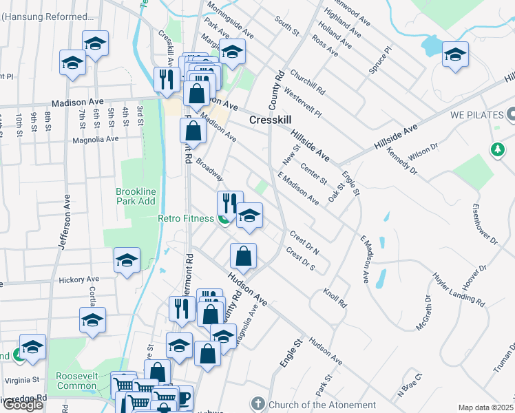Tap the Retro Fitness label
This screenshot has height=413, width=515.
(186, 219)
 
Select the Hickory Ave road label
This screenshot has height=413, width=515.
(79, 279)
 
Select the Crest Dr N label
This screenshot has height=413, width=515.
(308, 242)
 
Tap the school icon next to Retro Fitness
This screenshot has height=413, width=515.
(249, 215)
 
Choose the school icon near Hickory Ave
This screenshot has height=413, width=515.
(127, 261)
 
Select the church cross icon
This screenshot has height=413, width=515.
(258, 405)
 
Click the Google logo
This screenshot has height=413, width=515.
(23, 405)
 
